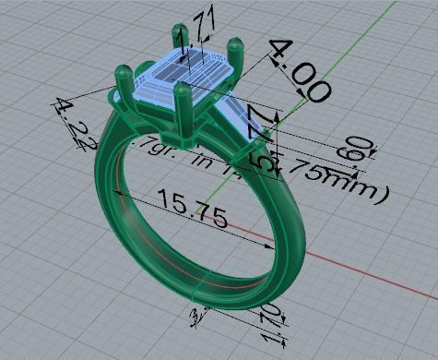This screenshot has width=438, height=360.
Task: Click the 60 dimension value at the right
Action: [361, 150]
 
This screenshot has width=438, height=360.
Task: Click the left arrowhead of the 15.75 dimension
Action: [115, 192]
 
